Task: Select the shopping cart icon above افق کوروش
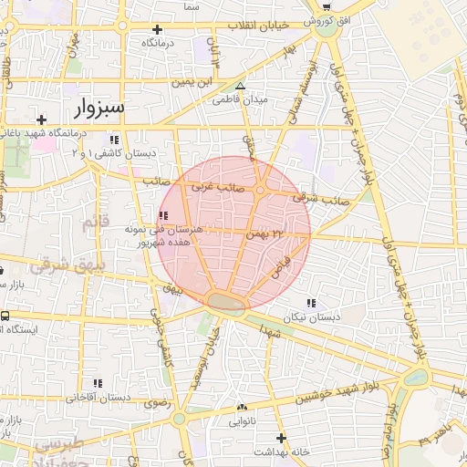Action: pyautogui.click(x=327, y=5)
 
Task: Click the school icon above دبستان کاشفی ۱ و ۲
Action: pyautogui.click(x=114, y=140)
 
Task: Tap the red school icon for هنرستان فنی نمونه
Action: pyautogui.click(x=163, y=216)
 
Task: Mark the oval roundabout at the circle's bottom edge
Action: pyautogui.click(x=225, y=301)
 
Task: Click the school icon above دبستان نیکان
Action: pyautogui.click(x=312, y=303)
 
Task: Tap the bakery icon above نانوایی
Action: pyautogui.click(x=242, y=408)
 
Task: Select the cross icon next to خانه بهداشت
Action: pyautogui.click(x=281, y=438)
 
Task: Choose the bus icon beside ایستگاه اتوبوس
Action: pyautogui.click(x=5, y=316)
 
